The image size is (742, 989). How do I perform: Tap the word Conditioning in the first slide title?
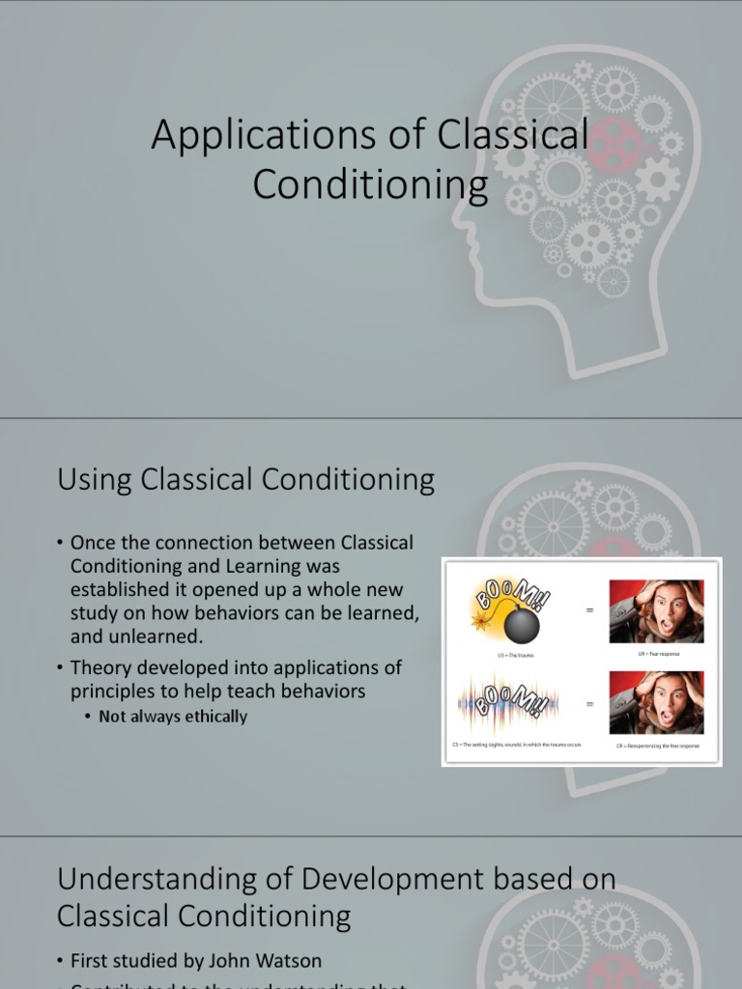coord(370,184)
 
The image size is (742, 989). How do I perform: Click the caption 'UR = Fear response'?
coord(658,655)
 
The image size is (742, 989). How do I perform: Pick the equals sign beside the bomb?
coord(589,610)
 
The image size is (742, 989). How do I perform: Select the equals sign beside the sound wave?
coord(589,704)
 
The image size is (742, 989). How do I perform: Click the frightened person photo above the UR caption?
coord(656,611)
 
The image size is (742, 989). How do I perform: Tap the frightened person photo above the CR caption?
coord(656,703)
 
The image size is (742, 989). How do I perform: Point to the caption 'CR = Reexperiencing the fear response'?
coord(658,747)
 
